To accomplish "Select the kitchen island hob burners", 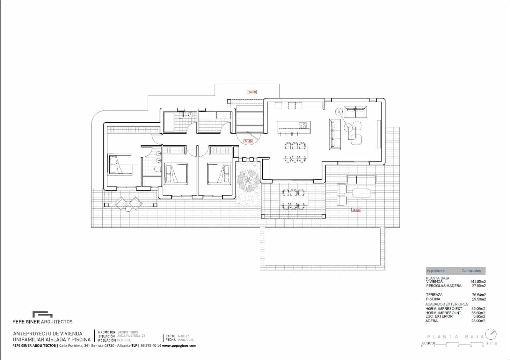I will click(303, 125).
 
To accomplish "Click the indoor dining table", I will click(295, 152).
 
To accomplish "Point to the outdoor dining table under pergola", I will click(294, 199).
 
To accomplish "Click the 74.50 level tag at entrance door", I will click(248, 141).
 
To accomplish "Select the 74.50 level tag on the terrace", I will click(356, 210).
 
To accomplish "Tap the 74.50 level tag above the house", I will click(252, 92).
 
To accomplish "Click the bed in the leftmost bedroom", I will click(120, 164).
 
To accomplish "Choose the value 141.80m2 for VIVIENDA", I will click(478, 282).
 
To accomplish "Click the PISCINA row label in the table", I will click(433, 299).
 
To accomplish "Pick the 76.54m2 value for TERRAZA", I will click(479, 295).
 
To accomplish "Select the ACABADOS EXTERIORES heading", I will click(447, 304).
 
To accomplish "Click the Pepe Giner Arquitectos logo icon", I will click(42, 314).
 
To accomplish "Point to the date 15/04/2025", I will click(186, 340).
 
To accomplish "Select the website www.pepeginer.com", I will click(179, 346).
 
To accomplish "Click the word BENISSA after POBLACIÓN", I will click(124, 340).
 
